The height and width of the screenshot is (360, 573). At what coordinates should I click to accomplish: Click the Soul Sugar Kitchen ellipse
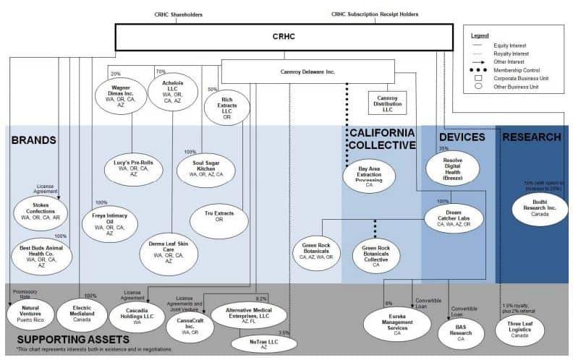(206, 169)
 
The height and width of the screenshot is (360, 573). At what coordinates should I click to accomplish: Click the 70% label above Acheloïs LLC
(161, 72)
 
